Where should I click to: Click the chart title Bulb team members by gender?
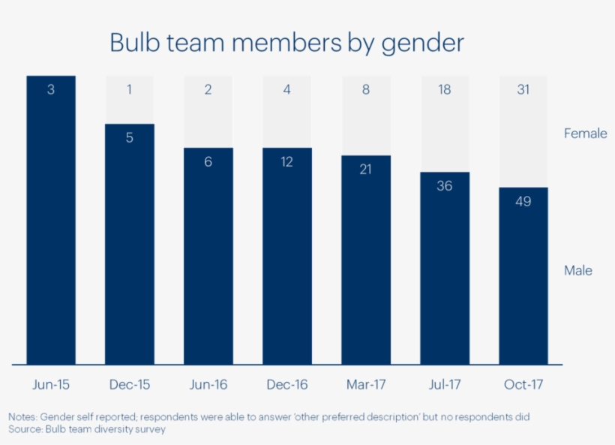pyautogui.click(x=286, y=42)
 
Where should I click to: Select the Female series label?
pyautogui.click(x=585, y=134)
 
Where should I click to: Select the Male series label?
pyautogui.click(x=577, y=270)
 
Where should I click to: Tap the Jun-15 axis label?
pyautogui.click(x=51, y=385)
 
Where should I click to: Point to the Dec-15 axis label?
pyautogui.click(x=130, y=385)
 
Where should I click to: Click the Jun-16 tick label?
pyautogui.click(x=208, y=385)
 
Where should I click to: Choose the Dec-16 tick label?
pyautogui.click(x=286, y=385)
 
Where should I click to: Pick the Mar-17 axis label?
pyautogui.click(x=366, y=385)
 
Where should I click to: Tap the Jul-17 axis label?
pyautogui.click(x=444, y=385)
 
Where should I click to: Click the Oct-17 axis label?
pyautogui.click(x=523, y=385)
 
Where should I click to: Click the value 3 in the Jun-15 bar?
pyautogui.click(x=51, y=90)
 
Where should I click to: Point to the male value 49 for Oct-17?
pyautogui.click(x=523, y=201)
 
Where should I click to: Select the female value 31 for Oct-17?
pyautogui.click(x=523, y=90)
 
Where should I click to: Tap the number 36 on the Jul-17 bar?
pyautogui.click(x=444, y=185)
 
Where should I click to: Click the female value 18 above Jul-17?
pyautogui.click(x=444, y=90)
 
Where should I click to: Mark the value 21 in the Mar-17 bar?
pyautogui.click(x=366, y=170)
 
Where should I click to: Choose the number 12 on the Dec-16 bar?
pyautogui.click(x=286, y=161)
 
